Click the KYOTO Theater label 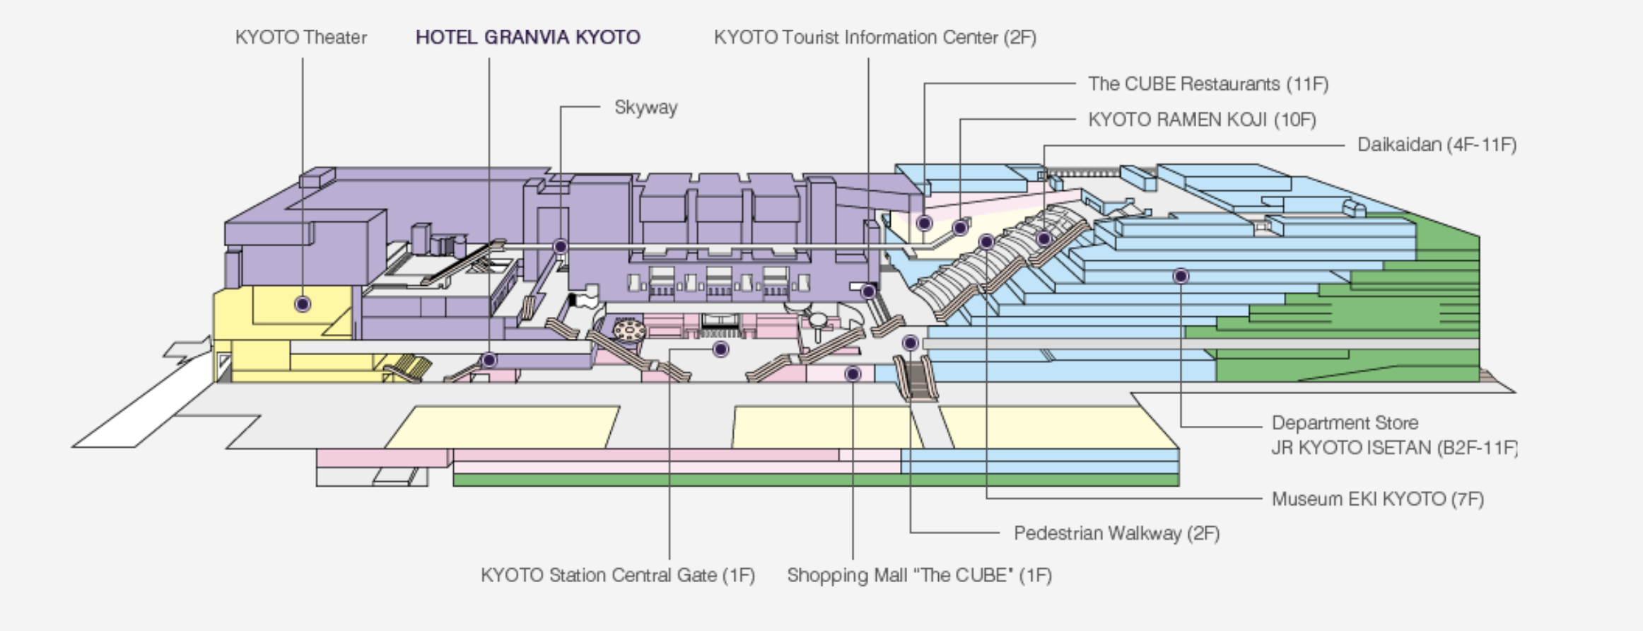(300, 37)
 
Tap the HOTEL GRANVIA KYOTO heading (527, 37)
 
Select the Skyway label (645, 108)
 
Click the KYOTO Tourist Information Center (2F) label (875, 37)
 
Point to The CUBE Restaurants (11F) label (1208, 84)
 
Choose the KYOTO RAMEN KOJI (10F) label (1201, 120)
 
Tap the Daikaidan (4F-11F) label (1436, 145)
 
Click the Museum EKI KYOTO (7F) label (1376, 499)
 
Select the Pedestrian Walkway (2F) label (1116, 533)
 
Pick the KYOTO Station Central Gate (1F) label (617, 575)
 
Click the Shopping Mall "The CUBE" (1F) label (918, 575)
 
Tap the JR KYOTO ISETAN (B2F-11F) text (1393, 448)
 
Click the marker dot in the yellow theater (303, 304)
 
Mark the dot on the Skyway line (560, 246)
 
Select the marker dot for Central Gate (720, 349)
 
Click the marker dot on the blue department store (1180, 276)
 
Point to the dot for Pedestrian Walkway (910, 343)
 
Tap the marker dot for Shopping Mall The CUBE (853, 374)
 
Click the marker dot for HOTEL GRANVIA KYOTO (489, 360)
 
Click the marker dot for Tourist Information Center (868, 291)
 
